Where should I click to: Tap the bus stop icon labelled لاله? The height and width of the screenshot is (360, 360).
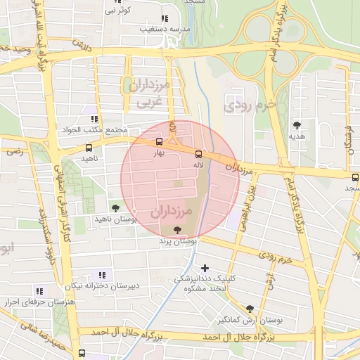(198, 153)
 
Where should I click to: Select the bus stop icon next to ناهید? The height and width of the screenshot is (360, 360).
(89, 148)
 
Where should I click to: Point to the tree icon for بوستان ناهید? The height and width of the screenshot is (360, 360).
(115, 208)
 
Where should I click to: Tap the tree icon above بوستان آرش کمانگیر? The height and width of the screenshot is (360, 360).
(250, 309)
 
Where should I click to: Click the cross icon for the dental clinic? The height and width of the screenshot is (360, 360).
(205, 268)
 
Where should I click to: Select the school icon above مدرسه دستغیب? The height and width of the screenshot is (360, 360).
(165, 18)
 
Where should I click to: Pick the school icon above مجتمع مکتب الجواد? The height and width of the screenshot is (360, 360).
(94, 119)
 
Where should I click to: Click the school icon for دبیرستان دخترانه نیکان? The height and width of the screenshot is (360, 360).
(103, 275)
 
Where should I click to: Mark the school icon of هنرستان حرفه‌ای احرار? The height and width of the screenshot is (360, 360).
(40, 290)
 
